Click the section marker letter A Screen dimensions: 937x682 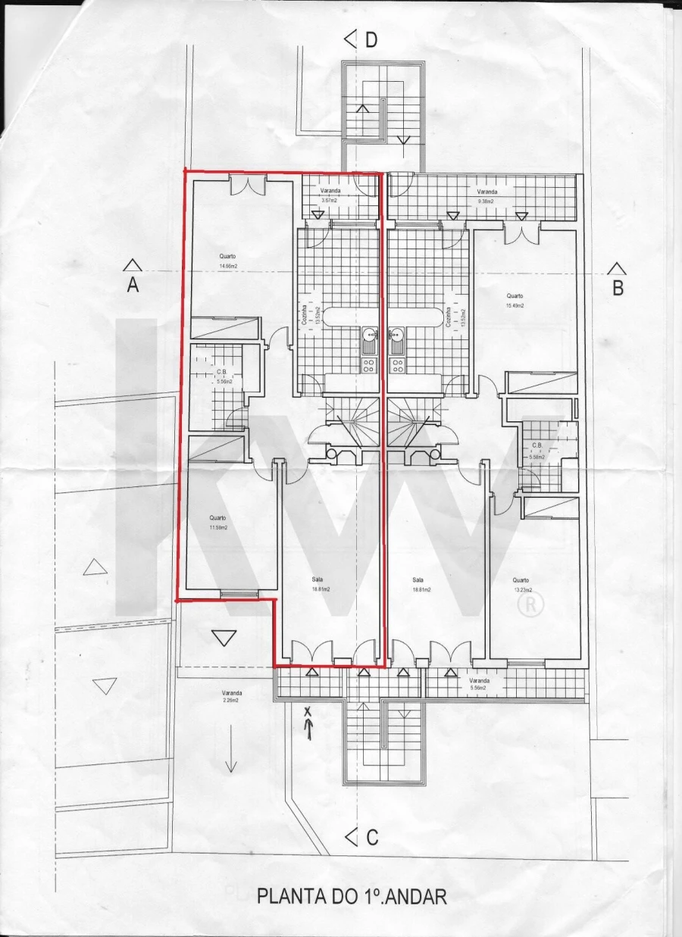pyautogui.click(x=133, y=285)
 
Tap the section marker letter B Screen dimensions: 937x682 pyautogui.click(x=618, y=288)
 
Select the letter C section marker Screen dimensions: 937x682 pyautogui.click(x=371, y=838)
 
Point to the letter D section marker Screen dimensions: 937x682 pyautogui.click(x=371, y=40)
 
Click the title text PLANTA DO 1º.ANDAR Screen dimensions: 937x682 pyautogui.click(x=352, y=898)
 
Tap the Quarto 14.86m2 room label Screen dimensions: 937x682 pyautogui.click(x=228, y=261)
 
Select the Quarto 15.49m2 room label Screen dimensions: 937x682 pyautogui.click(x=515, y=301)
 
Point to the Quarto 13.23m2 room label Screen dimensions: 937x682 pyautogui.click(x=522, y=585)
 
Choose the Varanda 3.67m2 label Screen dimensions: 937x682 pyautogui.click(x=330, y=195)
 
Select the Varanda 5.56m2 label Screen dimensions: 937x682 pyautogui.click(x=477, y=684)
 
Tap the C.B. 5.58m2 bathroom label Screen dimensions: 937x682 pyautogui.click(x=537, y=450)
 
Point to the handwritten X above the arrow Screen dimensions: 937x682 pyautogui.click(x=308, y=711)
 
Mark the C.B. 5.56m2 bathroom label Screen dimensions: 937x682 pyautogui.click(x=222, y=376)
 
